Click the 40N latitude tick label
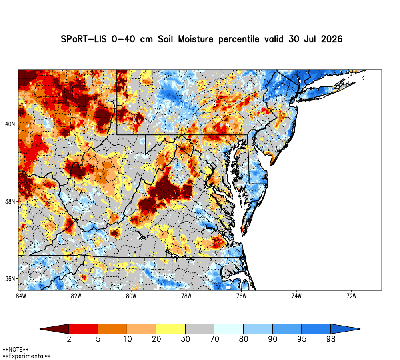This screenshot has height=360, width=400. (x=10, y=124)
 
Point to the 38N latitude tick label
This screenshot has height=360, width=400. (x=10, y=202)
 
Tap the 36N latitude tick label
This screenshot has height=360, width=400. (x=10, y=279)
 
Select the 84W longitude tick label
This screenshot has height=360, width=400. (x=21, y=296)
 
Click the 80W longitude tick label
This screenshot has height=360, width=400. (x=131, y=296)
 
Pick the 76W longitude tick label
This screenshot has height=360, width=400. (x=241, y=296)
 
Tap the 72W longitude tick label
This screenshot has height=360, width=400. (x=352, y=296)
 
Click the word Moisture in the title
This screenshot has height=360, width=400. (x=196, y=39)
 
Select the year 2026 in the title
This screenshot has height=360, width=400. (x=332, y=39)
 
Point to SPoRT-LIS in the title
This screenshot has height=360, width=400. (x=84, y=39)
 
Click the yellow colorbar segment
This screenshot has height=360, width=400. (x=171, y=329)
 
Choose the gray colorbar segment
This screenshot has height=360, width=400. (x=200, y=329)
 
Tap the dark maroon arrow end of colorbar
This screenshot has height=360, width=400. (x=54, y=329)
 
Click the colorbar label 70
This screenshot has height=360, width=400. (x=214, y=339)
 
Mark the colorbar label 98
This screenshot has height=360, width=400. (x=331, y=339)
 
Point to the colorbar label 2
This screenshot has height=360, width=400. (x=69, y=339)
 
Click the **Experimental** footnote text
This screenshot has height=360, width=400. (x=26, y=356)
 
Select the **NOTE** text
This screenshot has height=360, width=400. (x=15, y=350)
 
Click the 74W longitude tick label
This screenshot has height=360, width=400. (x=296, y=296)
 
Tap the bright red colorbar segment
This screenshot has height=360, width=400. (x=84, y=329)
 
